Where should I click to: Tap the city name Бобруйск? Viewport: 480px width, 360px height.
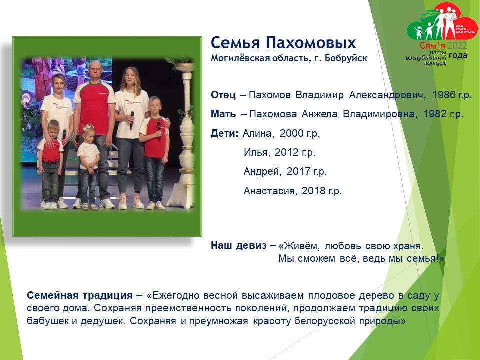346,58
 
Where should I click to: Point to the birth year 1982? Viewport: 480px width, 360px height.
434,114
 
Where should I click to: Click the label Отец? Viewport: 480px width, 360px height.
223,95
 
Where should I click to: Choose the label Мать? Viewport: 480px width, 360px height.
223,114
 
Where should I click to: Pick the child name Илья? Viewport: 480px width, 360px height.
257,152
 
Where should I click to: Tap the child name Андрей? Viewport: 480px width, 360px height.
262,171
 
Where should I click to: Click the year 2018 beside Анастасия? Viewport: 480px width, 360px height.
313,190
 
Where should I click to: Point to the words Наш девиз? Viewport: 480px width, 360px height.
239,245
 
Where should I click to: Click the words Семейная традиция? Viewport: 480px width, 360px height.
80,295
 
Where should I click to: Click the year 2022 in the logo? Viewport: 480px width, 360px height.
457,46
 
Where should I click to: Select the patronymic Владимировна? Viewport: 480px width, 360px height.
379,114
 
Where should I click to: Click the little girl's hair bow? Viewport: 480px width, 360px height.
88,127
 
